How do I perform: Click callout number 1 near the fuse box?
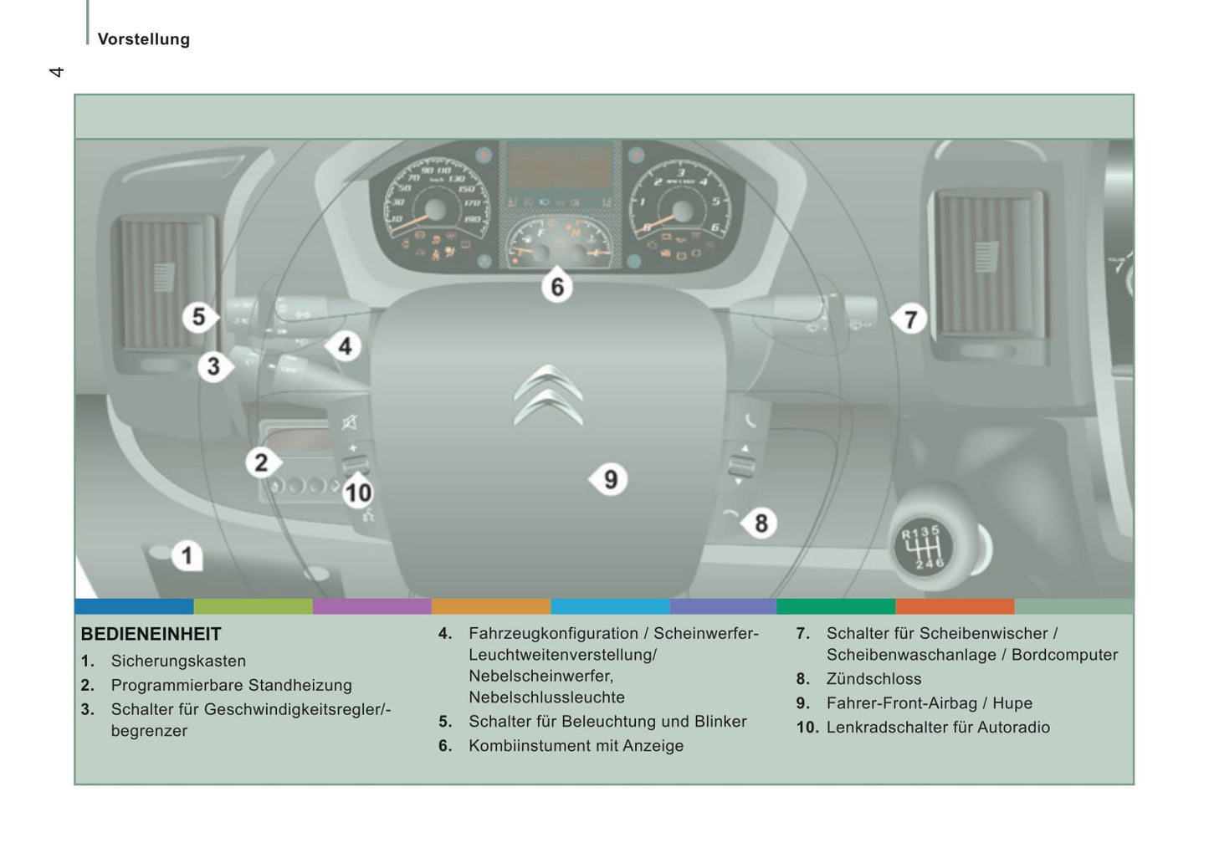coord(187,555)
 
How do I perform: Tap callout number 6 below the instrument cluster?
coord(557,287)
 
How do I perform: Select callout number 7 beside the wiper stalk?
coord(910,319)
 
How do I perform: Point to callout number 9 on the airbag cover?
coord(610,479)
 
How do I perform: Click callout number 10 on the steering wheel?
coord(358,493)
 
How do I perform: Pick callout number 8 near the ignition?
coord(761,523)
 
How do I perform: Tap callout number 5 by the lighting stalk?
coord(198,317)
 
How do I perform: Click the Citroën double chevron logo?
coord(548,395)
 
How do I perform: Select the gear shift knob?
coord(923,547)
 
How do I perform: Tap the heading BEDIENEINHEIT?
coord(151,634)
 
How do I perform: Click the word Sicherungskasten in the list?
coord(178,661)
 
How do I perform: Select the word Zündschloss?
coord(873,679)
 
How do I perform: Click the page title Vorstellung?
coord(144,39)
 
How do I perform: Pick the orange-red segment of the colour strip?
coord(954,606)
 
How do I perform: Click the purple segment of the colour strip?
coord(371,606)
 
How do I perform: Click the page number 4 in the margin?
coord(56,72)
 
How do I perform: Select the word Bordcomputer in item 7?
coord(1064,655)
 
